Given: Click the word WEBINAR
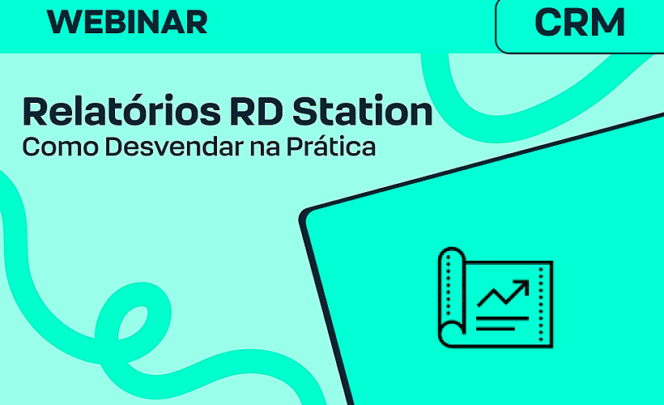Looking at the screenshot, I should point(127,23).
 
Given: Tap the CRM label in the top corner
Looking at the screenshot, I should point(580,23).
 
